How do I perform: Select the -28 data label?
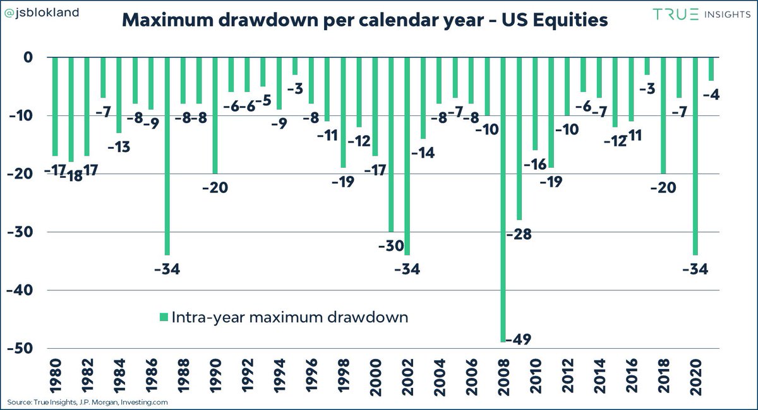coord(519,234)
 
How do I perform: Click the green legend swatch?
coord(164,317)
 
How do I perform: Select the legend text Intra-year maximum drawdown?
coord(290,317)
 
